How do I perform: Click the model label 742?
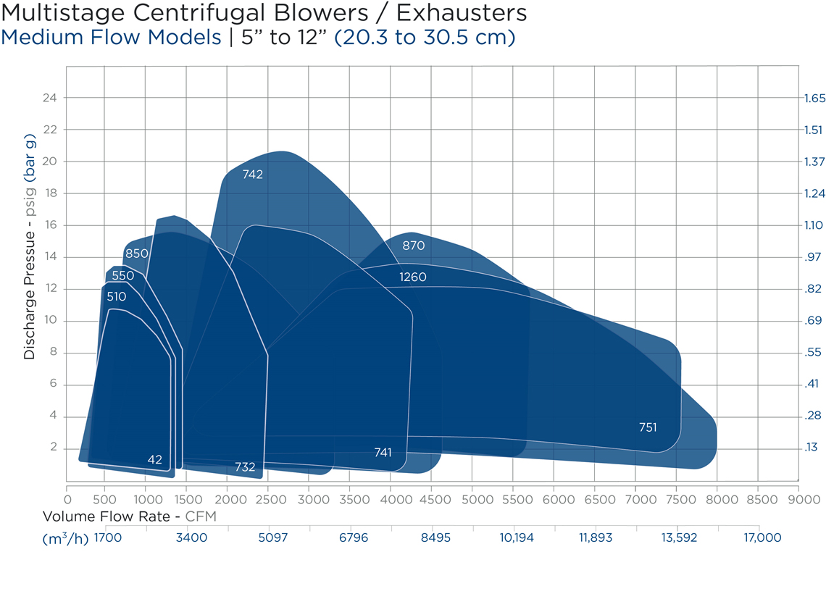[x=253, y=175]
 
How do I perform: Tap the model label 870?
[x=414, y=246]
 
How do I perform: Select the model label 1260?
[x=413, y=277]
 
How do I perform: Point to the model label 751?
[x=648, y=427]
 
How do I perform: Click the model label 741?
[x=383, y=453]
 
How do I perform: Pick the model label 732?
[x=245, y=467]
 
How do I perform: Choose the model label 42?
[x=154, y=459]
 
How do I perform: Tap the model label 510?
[x=116, y=296]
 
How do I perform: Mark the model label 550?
[x=123, y=275]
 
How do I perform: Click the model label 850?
[x=136, y=254]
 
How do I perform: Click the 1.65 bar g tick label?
[x=814, y=98]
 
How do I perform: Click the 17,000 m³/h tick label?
[x=762, y=537]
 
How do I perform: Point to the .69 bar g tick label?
[x=813, y=321]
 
